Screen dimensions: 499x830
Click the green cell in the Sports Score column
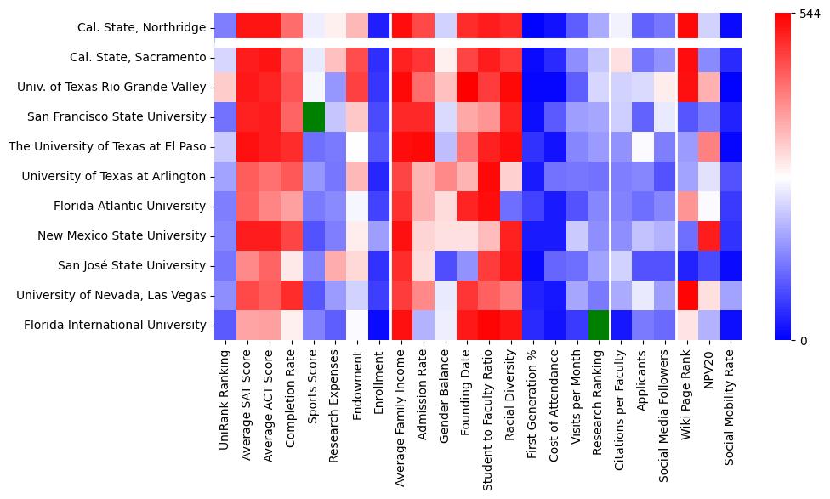[313, 116]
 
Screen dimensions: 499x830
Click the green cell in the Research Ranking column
[600, 325]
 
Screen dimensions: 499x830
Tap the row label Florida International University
[115, 325]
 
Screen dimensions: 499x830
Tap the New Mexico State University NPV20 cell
[710, 235]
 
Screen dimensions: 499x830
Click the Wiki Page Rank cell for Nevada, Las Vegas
[688, 295]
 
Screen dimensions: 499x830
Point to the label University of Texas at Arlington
[114, 176]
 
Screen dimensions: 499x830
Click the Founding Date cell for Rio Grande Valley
[467, 87]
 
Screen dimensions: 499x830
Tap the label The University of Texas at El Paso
[107, 146]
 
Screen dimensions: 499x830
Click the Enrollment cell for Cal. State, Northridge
[379, 27]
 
